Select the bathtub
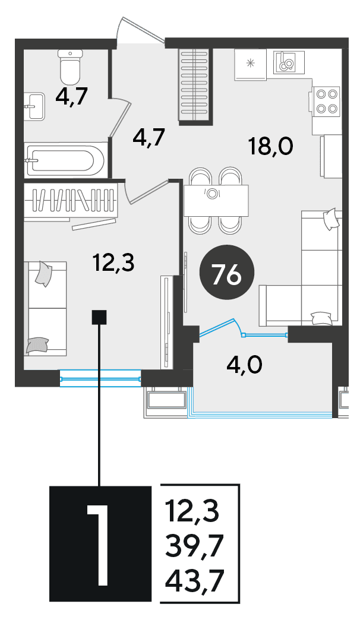65,160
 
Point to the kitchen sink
289,62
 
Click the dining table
216,201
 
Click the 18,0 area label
270,146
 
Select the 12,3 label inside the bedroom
113,263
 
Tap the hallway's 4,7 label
148,137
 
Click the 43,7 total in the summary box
194,580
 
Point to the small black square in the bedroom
99,318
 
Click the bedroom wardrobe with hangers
71,201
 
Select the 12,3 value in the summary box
194,512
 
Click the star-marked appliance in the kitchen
250,65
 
